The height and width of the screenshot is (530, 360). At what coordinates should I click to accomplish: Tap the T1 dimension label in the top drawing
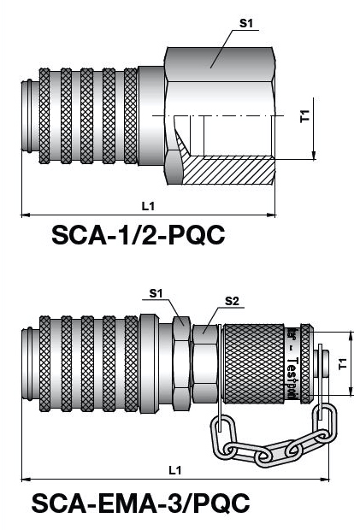(x=305, y=117)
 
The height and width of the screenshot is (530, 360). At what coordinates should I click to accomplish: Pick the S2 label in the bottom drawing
(x=231, y=300)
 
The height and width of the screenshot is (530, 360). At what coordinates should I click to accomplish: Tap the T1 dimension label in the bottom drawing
(x=342, y=364)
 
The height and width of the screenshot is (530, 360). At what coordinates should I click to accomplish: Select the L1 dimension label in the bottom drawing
(x=175, y=469)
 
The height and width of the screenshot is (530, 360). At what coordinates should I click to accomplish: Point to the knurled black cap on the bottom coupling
(x=252, y=364)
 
